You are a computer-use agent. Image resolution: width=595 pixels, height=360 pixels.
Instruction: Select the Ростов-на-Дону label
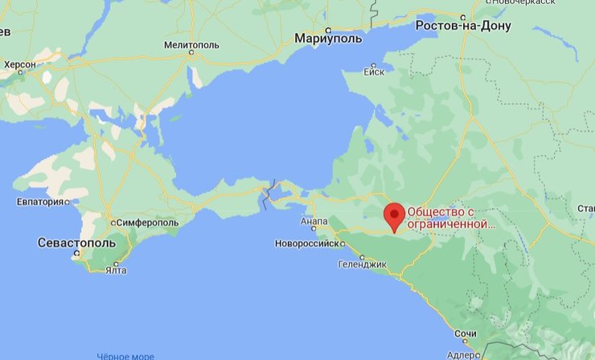click(x=463, y=27)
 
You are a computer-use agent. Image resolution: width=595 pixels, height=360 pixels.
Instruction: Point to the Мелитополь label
click(x=191, y=44)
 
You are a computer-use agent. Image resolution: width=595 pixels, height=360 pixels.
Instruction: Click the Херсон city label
click(x=20, y=64)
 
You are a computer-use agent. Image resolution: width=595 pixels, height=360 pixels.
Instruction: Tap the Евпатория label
click(x=39, y=201)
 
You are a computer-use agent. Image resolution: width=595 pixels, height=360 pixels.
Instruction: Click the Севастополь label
click(x=76, y=242)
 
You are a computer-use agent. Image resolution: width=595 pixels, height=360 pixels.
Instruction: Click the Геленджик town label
click(x=363, y=263)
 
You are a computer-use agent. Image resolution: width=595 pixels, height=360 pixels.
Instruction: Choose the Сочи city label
click(x=465, y=333)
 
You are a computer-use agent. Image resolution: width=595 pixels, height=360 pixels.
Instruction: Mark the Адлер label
click(x=463, y=353)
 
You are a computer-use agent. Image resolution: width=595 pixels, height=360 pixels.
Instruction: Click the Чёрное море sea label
click(x=125, y=356)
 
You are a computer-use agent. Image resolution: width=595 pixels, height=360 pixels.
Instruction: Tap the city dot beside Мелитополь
click(x=191, y=54)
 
